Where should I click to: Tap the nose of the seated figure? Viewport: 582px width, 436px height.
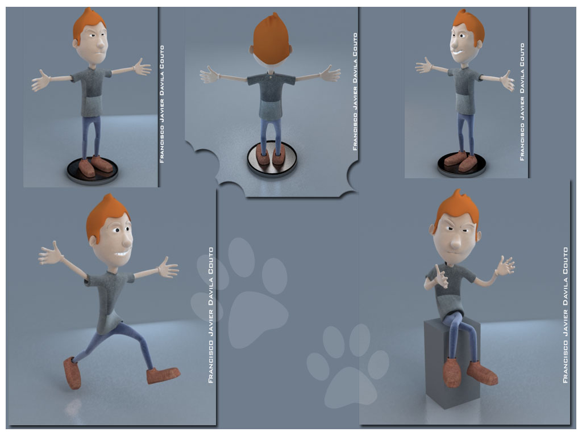click(x=455, y=243)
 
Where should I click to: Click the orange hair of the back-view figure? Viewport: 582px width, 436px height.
click(x=271, y=39)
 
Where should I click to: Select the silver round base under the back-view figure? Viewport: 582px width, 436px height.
click(x=272, y=159)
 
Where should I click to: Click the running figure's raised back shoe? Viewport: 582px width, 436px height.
click(x=72, y=372)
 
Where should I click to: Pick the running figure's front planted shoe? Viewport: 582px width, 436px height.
click(x=163, y=375)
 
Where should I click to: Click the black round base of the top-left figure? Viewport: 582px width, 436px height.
click(x=93, y=170)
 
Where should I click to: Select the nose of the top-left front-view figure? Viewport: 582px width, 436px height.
click(x=100, y=44)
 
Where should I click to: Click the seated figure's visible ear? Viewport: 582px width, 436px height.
click(x=479, y=236)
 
